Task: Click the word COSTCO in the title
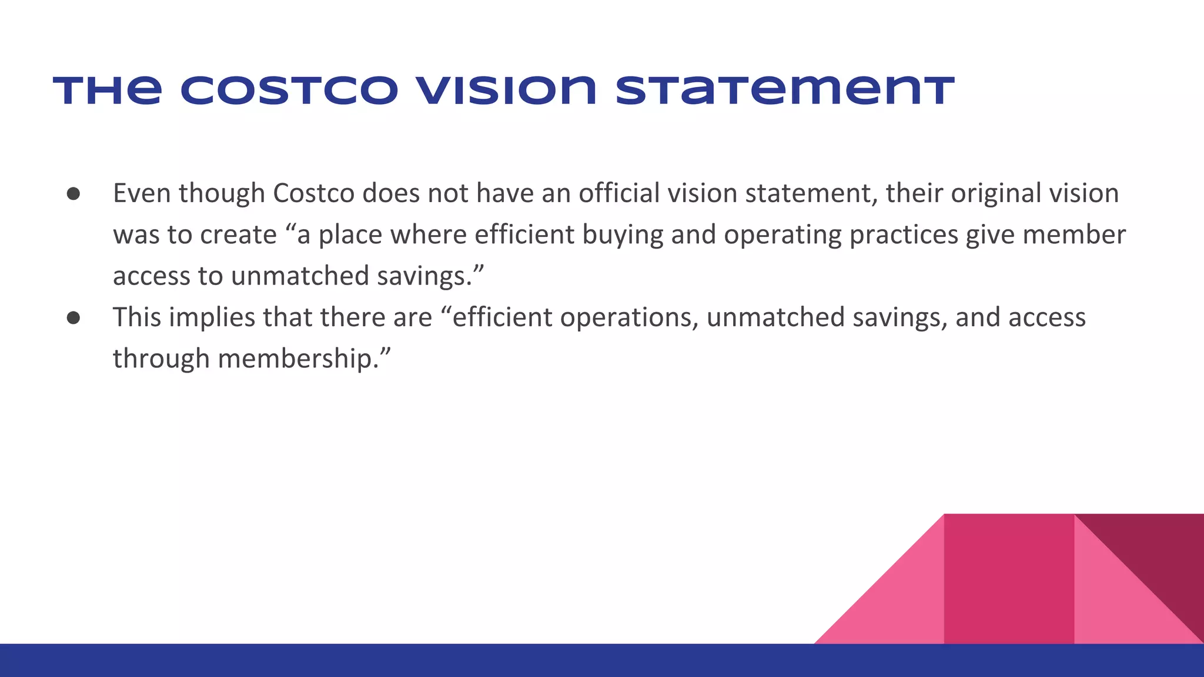point(289,91)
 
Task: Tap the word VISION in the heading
point(506,91)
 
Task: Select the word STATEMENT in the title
point(785,91)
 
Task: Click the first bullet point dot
point(73,194)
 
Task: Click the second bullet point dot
point(73,318)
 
